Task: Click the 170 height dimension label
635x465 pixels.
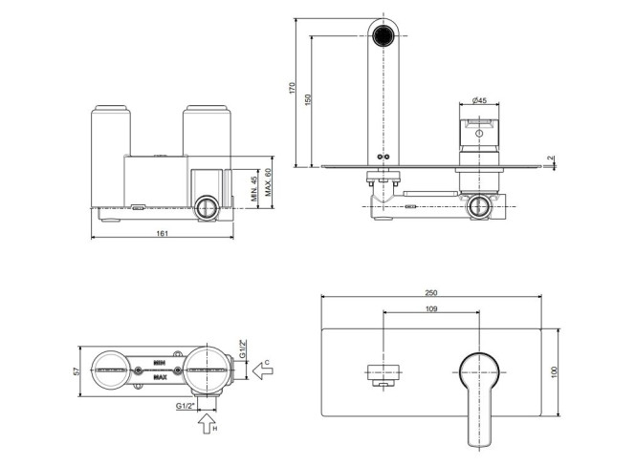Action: [293, 88]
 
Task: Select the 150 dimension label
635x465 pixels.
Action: [308, 100]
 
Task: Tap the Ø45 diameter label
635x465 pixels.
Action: [479, 100]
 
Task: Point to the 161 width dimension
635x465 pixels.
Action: [162, 233]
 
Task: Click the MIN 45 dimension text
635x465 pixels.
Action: [254, 189]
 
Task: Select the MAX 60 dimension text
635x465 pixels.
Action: [268, 182]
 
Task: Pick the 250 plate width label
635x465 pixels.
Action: [431, 293]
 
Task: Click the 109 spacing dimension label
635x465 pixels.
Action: [431, 309]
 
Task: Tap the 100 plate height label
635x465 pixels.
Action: [555, 372]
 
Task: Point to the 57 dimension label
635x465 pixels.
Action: [77, 371]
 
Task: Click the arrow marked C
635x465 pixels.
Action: [262, 370]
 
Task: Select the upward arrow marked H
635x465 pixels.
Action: [207, 423]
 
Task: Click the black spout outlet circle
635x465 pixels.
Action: [383, 35]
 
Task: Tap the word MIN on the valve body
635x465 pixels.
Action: [160, 363]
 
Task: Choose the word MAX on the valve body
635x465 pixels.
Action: [160, 378]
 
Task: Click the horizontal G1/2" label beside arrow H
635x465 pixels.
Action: [186, 406]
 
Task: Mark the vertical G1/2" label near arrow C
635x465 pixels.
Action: [242, 349]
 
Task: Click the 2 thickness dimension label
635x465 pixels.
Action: [550, 159]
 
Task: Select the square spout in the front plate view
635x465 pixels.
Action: [383, 375]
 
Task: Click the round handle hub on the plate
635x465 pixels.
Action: [479, 372]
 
